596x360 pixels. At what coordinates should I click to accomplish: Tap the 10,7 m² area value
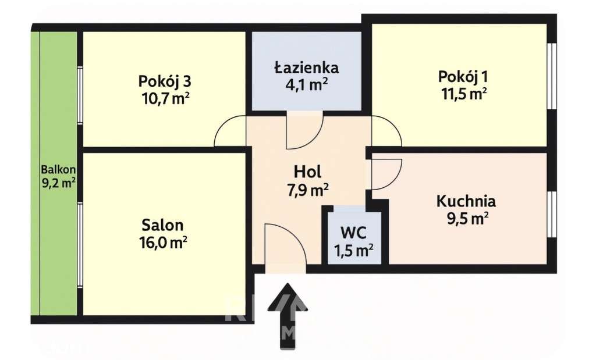point(165,97)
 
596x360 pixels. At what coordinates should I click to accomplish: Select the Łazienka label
point(307,67)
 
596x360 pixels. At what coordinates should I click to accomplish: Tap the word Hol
point(308,172)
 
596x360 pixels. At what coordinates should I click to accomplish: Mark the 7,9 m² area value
point(308,189)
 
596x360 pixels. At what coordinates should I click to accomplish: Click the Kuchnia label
point(466,202)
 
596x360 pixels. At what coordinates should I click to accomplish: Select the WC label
point(353,233)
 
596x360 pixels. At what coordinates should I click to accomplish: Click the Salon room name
point(162,225)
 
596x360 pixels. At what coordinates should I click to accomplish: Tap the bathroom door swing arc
point(304,131)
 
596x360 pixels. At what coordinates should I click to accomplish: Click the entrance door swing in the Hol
point(285,244)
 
